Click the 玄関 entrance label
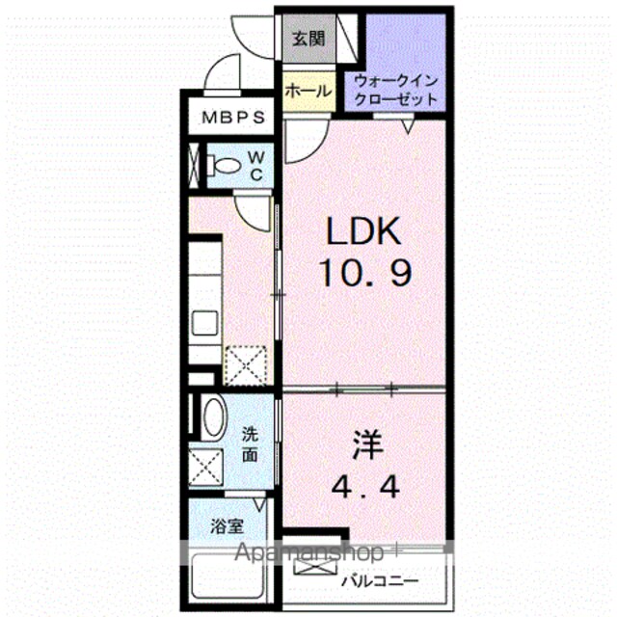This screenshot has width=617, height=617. point(308,39)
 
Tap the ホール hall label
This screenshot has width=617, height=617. point(308,92)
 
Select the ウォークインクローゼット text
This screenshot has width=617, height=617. point(396,90)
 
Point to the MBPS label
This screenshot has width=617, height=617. point(233,118)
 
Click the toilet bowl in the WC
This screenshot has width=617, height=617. point(223,165)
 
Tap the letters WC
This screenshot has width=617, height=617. point(256,166)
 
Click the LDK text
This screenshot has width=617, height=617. point(363,231)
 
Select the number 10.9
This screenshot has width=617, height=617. point(366,272)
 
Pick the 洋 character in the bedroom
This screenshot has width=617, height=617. point(367,444)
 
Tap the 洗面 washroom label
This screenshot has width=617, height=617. point(250,444)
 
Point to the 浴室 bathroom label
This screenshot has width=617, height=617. point(228,526)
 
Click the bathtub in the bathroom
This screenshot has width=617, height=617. point(228,577)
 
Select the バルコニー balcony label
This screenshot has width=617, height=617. point(380,580)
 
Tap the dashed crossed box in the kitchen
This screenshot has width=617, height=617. point(247,365)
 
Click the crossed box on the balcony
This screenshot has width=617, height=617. point(315,566)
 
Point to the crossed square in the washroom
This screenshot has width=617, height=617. point(205,467)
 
